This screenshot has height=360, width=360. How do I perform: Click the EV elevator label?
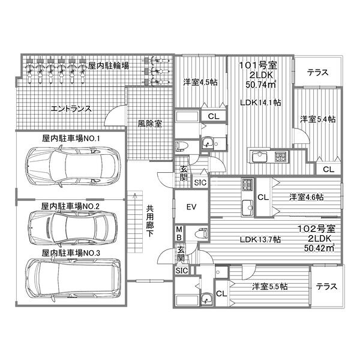click(191, 208)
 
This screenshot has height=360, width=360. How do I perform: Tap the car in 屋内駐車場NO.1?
click(72, 163)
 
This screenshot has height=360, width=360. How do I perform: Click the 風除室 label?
click(149, 125)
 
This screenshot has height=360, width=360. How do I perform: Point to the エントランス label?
click(71, 109)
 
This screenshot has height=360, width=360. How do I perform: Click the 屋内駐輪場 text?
click(108, 65)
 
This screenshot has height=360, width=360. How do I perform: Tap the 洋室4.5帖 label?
click(199, 83)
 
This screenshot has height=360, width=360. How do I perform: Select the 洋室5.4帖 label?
click(317, 119)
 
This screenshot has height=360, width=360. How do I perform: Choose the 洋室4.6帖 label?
click(306, 197)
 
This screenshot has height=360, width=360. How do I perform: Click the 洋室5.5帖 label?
click(269, 287)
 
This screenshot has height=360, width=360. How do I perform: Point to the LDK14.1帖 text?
click(260, 103)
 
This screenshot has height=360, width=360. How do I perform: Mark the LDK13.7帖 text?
click(260, 240)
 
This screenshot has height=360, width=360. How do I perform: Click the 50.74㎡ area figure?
click(260, 85)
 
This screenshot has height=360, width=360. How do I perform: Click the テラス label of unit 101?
click(317, 73)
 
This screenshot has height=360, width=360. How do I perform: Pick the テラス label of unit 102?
click(327, 286)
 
